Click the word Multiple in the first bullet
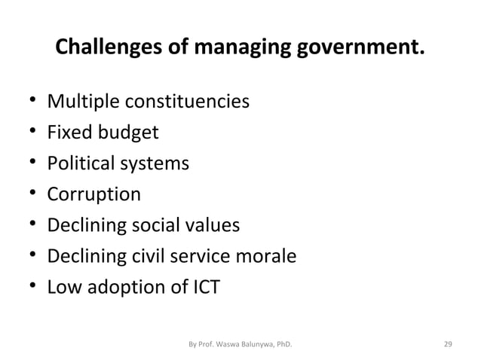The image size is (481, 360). coord(81,101)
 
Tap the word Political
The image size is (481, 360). coord(80,163)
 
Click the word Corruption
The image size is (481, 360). coord(93,195)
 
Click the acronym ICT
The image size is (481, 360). coord(201,288)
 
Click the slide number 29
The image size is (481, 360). coord(448,345)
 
